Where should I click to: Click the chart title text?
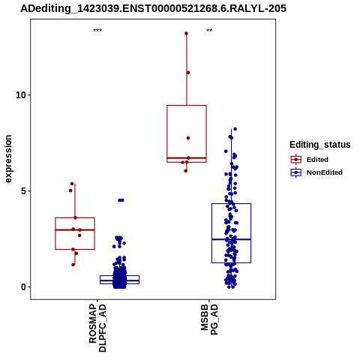pos(153,9)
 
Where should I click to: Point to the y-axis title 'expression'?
pos(8,159)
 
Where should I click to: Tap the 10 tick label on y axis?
pos(21,95)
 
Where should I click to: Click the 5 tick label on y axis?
pos(24,191)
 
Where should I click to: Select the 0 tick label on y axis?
pos(24,287)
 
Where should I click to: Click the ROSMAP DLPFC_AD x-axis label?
pos(97,328)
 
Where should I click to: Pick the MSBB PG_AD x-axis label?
pos(209,319)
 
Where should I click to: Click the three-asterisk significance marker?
pos(97,31)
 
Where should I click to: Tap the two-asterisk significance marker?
pos(209,31)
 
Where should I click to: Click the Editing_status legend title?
pos(320,145)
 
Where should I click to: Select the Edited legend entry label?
pos(317,160)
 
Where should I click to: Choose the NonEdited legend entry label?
pos(325,172)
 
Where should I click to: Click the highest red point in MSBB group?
pos(186,34)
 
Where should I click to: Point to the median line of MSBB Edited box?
pos(187,158)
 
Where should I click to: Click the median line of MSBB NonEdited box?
pos(231,239)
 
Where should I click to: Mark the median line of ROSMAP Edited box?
pos(75,229)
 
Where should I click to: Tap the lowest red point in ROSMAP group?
pos(73,265)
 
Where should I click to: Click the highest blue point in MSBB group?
pos(235,129)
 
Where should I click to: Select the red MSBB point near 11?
pos(188,73)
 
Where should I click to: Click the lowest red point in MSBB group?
pos(186,171)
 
